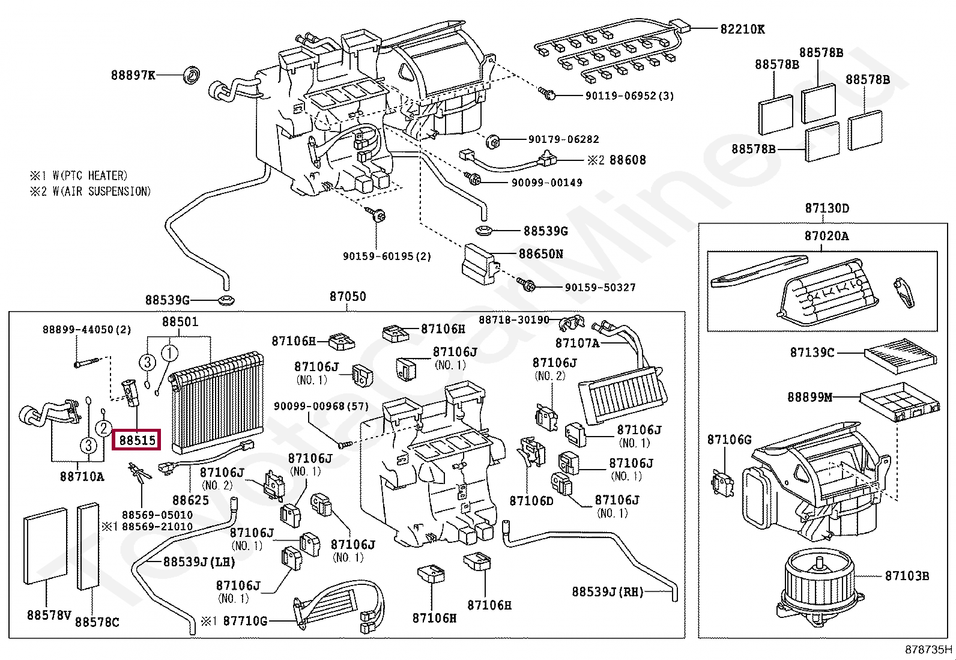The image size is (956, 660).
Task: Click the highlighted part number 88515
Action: pyautogui.click(x=137, y=440)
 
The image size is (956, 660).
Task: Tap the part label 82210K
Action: pyautogui.click(x=743, y=29)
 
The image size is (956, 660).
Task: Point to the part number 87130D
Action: pyautogui.click(x=827, y=209)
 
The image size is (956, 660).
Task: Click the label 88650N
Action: pyautogui.click(x=540, y=253)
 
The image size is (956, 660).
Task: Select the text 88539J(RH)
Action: pyautogui.click(x=607, y=592)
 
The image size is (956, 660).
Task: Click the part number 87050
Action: pyautogui.click(x=347, y=297)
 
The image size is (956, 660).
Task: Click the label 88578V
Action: pyautogui.click(x=49, y=615)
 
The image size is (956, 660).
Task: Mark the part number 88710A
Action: pyautogui.click(x=82, y=476)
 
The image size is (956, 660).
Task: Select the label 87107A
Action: pyautogui.click(x=577, y=343)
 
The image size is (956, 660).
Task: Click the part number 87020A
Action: pyautogui.click(x=827, y=236)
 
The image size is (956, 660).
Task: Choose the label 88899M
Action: pyautogui.click(x=809, y=397)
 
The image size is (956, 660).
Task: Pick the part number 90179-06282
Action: pyautogui.click(x=563, y=139)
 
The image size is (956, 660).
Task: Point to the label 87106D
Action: pyautogui.click(x=531, y=500)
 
